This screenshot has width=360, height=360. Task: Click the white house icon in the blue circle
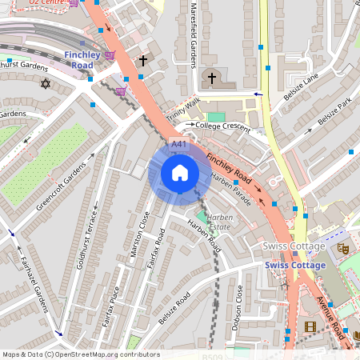click(180, 173)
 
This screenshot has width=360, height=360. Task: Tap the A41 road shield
click(179, 144)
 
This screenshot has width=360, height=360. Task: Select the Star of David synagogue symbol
click(45, 83)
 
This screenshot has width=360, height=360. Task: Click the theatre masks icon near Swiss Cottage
click(342, 249)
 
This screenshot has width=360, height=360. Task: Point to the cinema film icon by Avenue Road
click(310, 326)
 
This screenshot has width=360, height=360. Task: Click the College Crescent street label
click(223, 125)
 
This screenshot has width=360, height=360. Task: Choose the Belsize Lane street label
click(300, 86)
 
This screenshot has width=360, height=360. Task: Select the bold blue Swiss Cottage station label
click(294, 266)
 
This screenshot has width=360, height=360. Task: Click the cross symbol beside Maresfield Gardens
click(212, 78)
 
